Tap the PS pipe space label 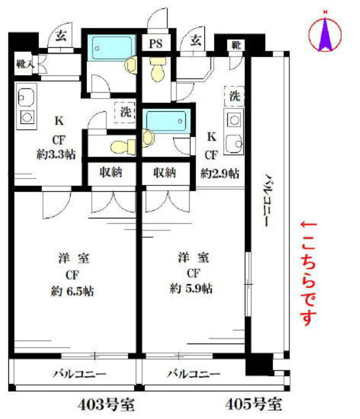[x=156, y=43]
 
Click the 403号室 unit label [x=106, y=404]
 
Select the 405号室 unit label [x=254, y=404]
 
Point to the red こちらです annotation [x=309, y=273]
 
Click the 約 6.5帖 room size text [x=72, y=291]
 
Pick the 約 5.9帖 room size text [x=191, y=289]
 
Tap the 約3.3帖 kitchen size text [x=56, y=155]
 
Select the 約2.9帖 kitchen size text [x=220, y=174]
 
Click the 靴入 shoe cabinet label [x=25, y=64]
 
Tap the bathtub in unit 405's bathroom [x=166, y=122]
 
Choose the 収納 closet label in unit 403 [x=111, y=172]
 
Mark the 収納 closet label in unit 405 [x=165, y=173]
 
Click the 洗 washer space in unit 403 [x=125, y=113]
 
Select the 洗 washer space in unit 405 [x=234, y=96]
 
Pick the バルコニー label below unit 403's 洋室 [x=79, y=373]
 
